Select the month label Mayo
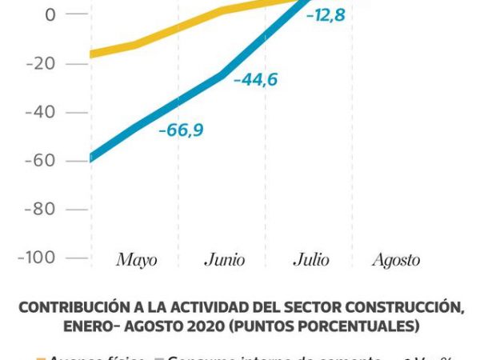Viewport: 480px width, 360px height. coord(137,260)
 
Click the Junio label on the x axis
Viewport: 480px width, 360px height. coord(225,260)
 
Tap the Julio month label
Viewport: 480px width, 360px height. coord(310,260)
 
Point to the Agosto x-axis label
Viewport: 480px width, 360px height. coord(396,260)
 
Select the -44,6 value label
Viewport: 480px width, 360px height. coord(256,79)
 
